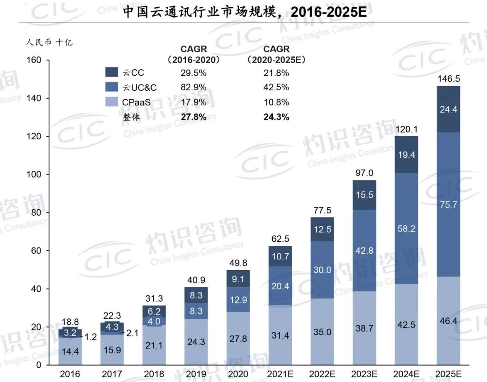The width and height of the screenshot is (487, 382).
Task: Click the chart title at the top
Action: tap(245, 12)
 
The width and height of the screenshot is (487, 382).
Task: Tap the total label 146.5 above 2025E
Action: tap(449, 79)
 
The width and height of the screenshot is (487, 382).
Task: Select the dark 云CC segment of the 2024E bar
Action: tap(406, 154)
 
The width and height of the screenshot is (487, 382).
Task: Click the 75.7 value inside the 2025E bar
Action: tap(449, 205)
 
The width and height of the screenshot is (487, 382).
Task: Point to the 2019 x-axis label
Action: tap(196, 373)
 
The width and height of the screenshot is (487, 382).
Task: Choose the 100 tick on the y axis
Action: tap(34, 175)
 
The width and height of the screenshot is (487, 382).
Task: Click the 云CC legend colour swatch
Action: tap(111, 72)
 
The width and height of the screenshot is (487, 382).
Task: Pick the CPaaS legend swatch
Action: tap(111, 101)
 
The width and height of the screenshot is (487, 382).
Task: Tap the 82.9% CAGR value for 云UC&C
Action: tap(193, 87)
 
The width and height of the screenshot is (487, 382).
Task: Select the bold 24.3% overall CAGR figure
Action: tap(276, 117)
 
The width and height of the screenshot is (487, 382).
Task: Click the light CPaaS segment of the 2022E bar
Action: tap(322, 331)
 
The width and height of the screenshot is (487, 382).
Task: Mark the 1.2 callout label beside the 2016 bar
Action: tap(90, 337)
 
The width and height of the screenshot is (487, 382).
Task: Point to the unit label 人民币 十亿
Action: tap(49, 42)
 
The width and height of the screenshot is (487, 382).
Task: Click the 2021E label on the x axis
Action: tap(280, 373)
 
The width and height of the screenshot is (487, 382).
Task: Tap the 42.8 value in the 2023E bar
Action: tap(364, 250)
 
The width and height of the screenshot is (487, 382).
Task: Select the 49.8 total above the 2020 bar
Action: tap(238, 263)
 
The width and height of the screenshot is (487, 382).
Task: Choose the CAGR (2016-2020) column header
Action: tap(193, 55)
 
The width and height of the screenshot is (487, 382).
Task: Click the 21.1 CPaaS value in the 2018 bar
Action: tap(154, 345)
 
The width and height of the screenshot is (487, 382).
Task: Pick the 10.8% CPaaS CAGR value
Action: tap(276, 102)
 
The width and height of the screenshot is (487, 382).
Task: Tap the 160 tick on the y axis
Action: tap(34, 60)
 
